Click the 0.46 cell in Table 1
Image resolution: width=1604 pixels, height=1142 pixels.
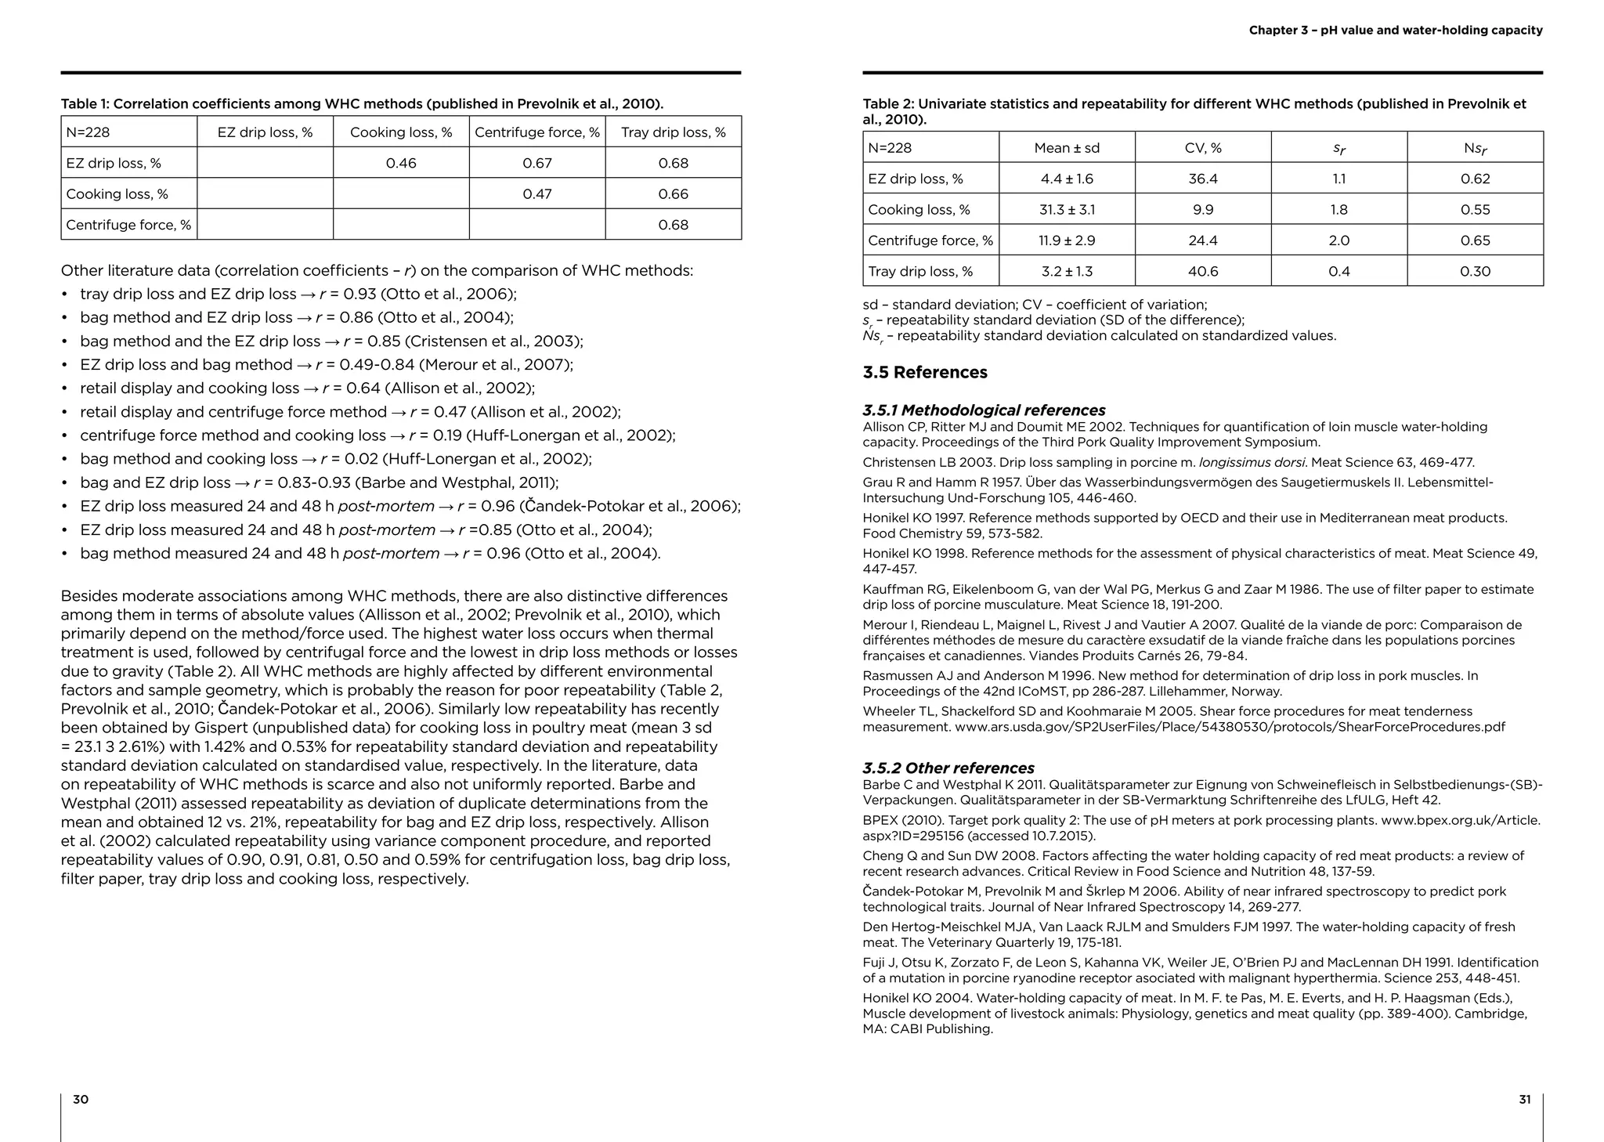click(401, 163)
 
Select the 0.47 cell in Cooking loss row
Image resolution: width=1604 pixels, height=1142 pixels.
click(537, 193)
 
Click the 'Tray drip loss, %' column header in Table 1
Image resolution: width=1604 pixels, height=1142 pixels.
click(673, 132)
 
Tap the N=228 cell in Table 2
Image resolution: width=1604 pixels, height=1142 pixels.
click(890, 148)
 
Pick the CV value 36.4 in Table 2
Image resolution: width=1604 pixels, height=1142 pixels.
click(1202, 179)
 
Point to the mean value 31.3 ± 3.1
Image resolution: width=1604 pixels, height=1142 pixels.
click(1067, 209)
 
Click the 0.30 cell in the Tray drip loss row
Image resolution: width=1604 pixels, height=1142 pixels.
click(1475, 271)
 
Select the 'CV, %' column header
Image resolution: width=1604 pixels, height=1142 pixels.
click(1202, 148)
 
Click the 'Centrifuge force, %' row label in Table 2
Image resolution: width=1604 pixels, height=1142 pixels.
click(930, 240)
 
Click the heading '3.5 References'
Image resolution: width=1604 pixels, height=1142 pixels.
click(925, 372)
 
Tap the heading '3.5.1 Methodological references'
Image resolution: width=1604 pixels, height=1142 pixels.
click(984, 410)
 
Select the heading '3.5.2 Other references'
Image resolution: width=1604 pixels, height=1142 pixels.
click(948, 768)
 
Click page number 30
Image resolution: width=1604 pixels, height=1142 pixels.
click(81, 1099)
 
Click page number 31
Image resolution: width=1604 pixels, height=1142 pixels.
click(1524, 1099)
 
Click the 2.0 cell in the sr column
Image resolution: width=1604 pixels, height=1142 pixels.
click(1338, 240)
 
